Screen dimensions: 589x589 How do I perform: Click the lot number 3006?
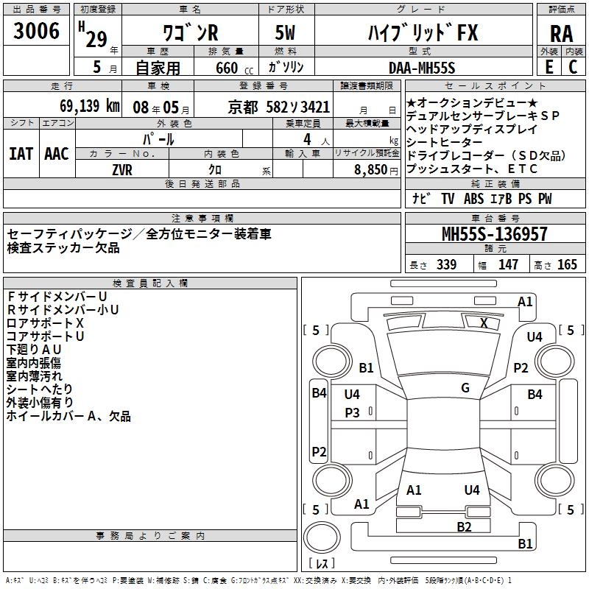[x=37, y=31]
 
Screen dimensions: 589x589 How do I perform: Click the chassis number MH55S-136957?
[x=495, y=234]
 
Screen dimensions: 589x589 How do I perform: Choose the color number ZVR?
[x=123, y=169]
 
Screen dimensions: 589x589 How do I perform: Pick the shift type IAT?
[x=21, y=153]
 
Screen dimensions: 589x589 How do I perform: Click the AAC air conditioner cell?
[x=57, y=153]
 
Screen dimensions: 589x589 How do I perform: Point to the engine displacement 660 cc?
[x=226, y=68]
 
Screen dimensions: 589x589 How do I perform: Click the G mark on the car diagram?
[x=465, y=388]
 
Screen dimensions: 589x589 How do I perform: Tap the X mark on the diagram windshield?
[x=484, y=322]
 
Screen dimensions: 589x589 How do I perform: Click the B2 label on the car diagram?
[x=464, y=526]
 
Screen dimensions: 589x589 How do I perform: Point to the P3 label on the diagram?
[x=352, y=413]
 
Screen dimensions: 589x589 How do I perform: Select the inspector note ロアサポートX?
[x=45, y=322]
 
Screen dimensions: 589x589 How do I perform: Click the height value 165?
[x=567, y=265]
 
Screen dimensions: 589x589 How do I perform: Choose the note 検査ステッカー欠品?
[x=63, y=248]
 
